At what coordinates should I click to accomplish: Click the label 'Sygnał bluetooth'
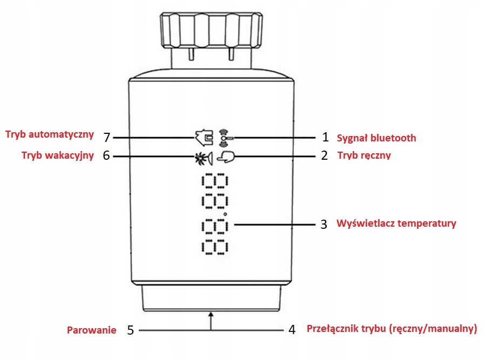376,138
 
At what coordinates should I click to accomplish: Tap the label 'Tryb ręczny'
364,155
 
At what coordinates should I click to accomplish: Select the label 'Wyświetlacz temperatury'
396,223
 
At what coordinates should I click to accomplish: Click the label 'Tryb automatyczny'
50,134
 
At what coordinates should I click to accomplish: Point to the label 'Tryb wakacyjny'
57,155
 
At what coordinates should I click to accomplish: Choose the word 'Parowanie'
91,330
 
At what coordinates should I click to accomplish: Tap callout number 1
325,138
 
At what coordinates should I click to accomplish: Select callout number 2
324,156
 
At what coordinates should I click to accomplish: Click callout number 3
323,224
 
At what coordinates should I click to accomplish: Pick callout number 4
292,329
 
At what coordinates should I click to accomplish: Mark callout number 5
130,330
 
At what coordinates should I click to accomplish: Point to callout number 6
106,156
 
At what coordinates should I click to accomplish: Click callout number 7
106,137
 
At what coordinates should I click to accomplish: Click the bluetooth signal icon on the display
224,138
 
